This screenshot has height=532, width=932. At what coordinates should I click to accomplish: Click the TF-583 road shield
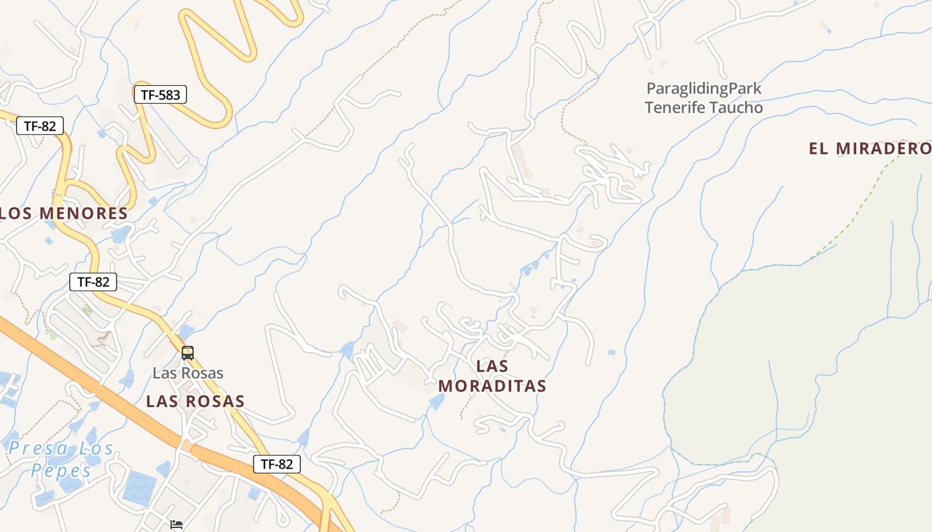tap(160, 95)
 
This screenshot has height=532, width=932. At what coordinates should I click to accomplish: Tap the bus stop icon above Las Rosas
tap(188, 352)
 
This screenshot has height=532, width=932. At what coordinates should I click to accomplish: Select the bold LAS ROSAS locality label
tap(195, 402)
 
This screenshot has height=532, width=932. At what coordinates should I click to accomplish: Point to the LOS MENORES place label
tap(64, 213)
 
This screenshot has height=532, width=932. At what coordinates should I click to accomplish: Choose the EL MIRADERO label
tap(869, 148)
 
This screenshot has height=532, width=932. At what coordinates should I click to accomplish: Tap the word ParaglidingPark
tap(704, 88)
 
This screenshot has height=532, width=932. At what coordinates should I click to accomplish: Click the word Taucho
tap(736, 108)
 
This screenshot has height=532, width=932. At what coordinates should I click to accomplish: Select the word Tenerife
tap(674, 108)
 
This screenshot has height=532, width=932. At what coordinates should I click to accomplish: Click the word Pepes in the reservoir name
tap(61, 470)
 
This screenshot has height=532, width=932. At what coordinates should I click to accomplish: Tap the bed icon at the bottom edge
tap(176, 525)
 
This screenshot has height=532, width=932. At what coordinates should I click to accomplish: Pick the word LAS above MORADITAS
tap(493, 366)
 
